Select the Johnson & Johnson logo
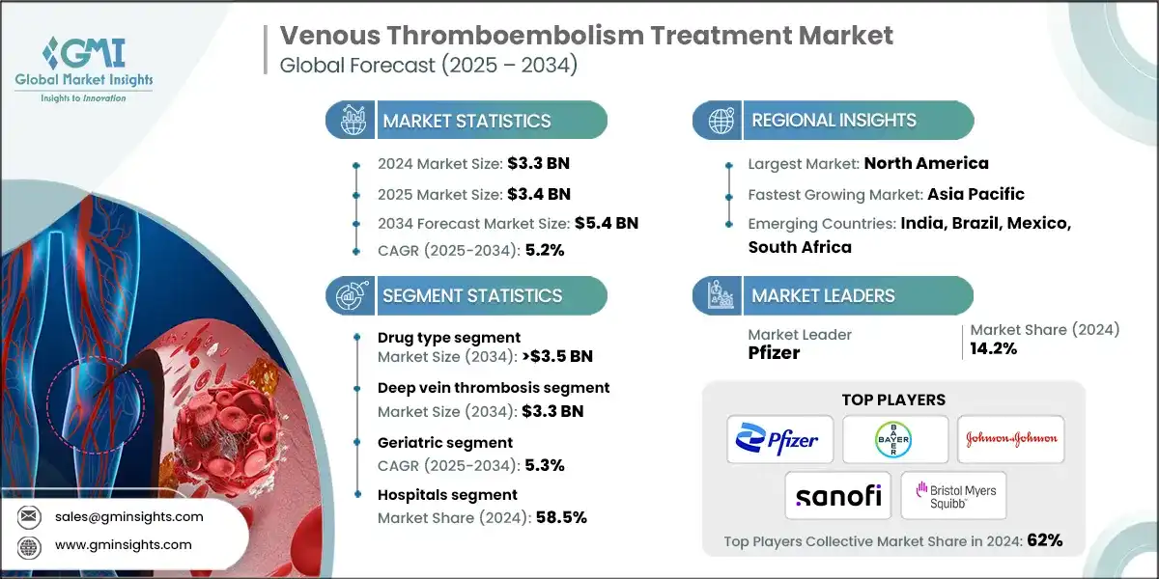tap(1011, 439)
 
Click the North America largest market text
tap(925, 163)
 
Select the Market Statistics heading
tap(466, 121)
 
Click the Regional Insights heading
tap(834, 121)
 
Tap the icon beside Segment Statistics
tap(350, 295)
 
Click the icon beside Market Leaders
tap(717, 295)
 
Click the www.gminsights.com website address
tap(124, 544)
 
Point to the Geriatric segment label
tap(445, 442)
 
